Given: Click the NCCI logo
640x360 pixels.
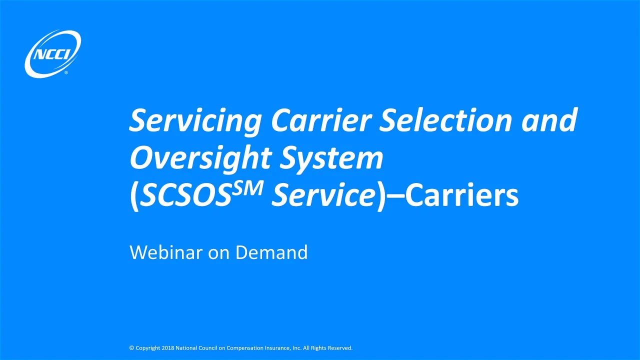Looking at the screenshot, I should (52, 54).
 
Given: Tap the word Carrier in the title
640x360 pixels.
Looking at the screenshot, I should (320, 121).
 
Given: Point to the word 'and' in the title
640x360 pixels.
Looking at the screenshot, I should (549, 121).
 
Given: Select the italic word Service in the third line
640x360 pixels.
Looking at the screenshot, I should (323, 197).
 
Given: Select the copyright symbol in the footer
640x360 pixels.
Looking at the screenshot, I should (131, 348).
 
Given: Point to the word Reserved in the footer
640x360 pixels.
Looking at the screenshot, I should (340, 348).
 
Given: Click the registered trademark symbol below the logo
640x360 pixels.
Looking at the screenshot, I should (66, 73).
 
